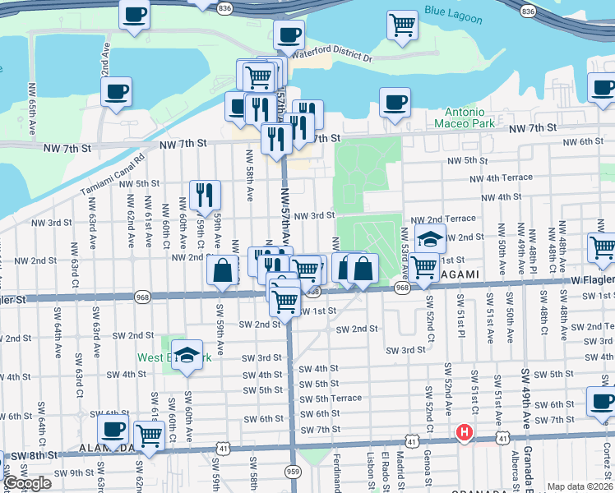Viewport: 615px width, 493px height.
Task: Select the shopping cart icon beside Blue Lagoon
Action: pos(402,25)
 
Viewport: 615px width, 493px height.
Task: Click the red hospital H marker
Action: pos(465,432)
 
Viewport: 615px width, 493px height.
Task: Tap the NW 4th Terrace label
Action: pos(501,177)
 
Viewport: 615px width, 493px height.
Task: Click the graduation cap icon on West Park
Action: pos(188,355)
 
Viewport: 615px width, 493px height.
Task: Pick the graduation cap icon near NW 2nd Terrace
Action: pos(430,239)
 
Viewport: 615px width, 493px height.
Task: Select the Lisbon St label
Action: pos(371,472)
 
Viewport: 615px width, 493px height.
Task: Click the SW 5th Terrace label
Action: pos(331,399)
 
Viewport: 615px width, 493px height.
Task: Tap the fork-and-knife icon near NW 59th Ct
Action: pos(203,195)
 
